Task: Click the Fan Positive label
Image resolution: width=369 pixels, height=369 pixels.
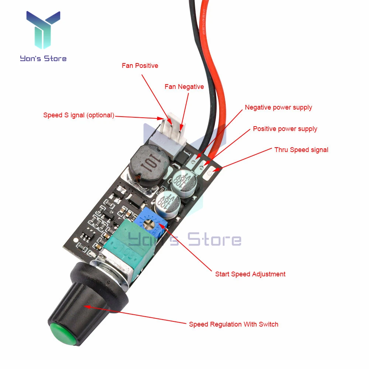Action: coord(140,66)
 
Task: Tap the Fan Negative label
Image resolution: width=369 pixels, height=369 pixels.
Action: coord(184,87)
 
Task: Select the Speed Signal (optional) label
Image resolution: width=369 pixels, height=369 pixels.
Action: coord(78,115)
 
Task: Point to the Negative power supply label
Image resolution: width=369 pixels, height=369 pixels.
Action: coord(278,107)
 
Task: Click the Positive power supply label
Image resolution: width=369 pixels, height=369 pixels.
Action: coord(285,129)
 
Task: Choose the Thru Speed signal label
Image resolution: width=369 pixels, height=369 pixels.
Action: coord(301,149)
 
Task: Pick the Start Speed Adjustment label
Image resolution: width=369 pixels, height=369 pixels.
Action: coord(250,274)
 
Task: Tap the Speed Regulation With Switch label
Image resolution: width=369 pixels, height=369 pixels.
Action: coord(233,324)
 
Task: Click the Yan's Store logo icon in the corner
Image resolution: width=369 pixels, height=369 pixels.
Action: coord(43,32)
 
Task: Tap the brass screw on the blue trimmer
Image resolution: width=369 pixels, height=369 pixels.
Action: coord(151,223)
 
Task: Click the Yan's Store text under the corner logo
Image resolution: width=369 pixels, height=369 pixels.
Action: coord(43,58)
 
